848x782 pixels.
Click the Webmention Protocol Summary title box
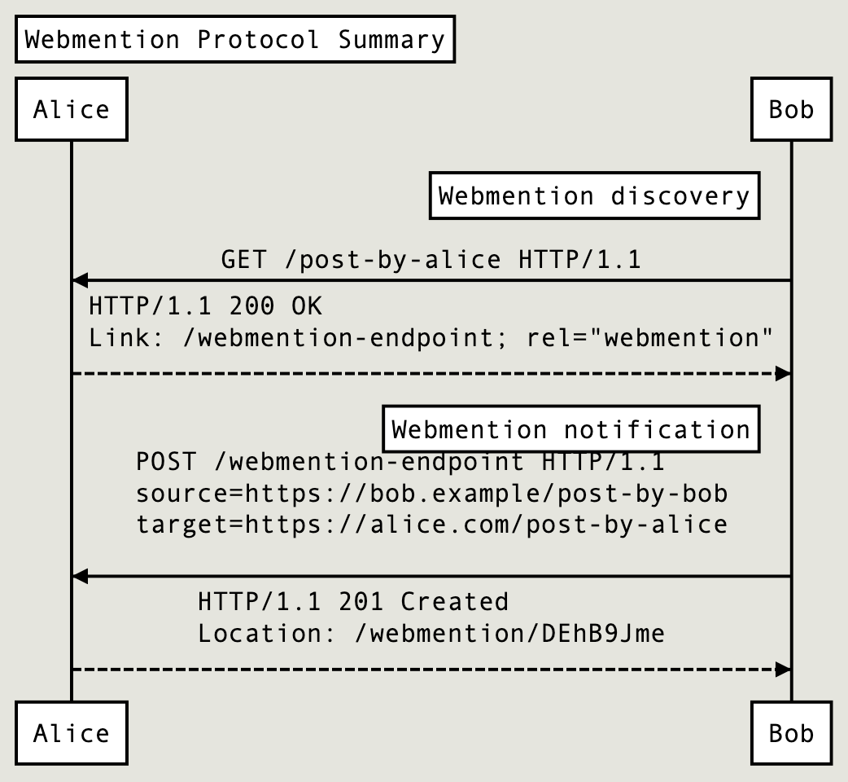[x=234, y=40]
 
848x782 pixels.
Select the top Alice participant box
[x=72, y=109]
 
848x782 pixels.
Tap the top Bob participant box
[x=791, y=109]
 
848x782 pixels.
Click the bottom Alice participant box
[x=72, y=733]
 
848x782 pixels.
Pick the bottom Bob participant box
[x=791, y=733]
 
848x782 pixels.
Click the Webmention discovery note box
[x=594, y=196]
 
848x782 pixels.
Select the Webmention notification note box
[x=570, y=429]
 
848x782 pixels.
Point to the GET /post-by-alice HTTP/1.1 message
[x=431, y=260]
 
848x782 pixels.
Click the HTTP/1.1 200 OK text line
[x=205, y=306]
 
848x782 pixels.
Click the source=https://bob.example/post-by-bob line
[x=431, y=494]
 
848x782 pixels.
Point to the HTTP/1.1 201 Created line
[x=353, y=602]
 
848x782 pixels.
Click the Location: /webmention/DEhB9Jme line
[x=431, y=633]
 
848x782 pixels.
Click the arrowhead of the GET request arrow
[x=80, y=280]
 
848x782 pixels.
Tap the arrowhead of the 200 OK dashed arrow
[x=783, y=374]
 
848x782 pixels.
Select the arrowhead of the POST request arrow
[x=80, y=576]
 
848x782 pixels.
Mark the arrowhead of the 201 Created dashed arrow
[x=783, y=670]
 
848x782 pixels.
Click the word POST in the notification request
[x=166, y=463]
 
